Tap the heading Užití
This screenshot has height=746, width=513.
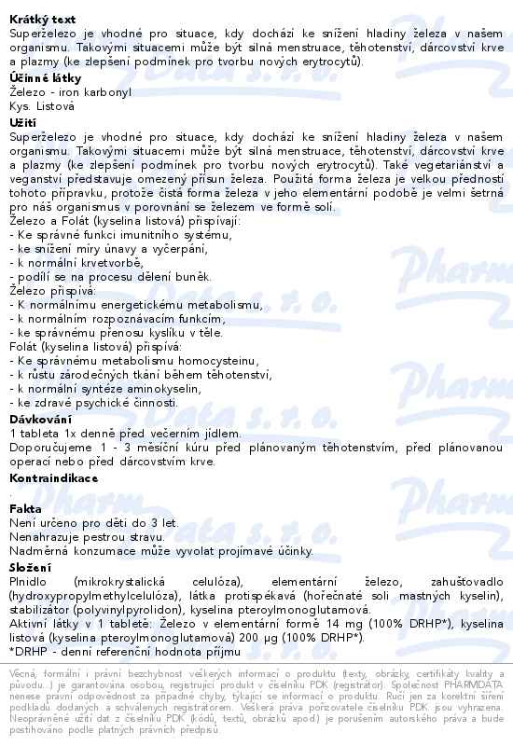coord(22,122)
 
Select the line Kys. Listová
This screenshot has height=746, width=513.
coord(42,107)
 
